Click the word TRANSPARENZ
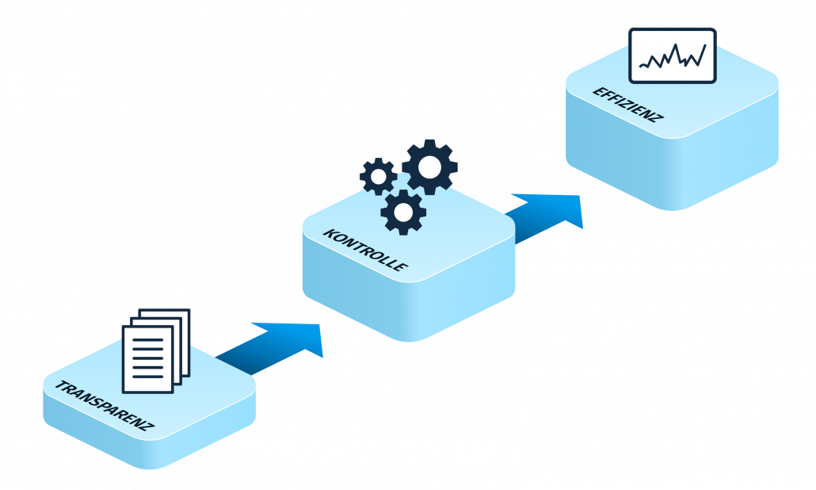point(103,406)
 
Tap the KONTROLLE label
point(365,250)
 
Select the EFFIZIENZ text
point(627,104)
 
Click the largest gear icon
point(429,167)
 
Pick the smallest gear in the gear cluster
point(379,176)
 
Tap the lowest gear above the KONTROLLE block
point(403,212)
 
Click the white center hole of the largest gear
point(429,167)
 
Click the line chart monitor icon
point(672,56)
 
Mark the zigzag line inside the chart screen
point(673,58)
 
